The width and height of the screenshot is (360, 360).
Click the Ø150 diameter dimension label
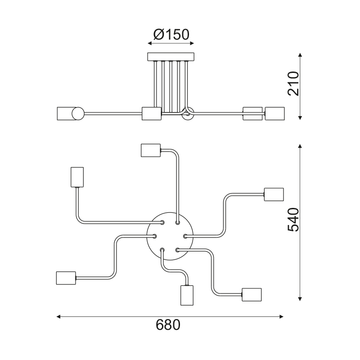point(171,34)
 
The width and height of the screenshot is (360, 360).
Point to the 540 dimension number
point(293,220)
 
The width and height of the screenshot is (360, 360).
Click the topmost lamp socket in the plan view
point(150,150)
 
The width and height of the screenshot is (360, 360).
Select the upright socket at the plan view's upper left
point(77,177)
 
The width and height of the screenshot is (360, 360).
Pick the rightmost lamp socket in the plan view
point(274,194)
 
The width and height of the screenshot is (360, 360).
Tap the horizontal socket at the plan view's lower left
point(66,278)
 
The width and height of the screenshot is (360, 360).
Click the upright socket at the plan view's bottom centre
point(186,295)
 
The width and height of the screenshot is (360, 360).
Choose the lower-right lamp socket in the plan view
point(252,294)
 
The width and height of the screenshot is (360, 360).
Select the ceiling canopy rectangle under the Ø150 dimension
point(171,57)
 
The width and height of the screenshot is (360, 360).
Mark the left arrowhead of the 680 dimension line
point(58,317)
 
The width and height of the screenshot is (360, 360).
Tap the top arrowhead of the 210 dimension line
point(300,55)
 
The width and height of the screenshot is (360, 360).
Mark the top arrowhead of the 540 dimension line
point(300,146)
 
